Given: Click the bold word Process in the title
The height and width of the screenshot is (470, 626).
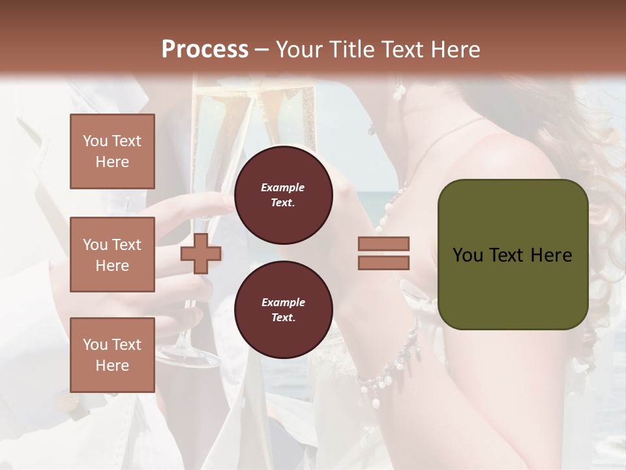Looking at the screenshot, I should pyautogui.click(x=205, y=50).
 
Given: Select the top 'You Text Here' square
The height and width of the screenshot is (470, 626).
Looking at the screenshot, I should pyautogui.click(x=112, y=151).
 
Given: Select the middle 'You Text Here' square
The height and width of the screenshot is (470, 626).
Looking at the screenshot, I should pyautogui.click(x=112, y=255).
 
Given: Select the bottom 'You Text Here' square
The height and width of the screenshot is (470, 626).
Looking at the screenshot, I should pyautogui.click(x=112, y=354).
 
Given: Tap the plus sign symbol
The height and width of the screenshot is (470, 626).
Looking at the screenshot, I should pyautogui.click(x=200, y=253).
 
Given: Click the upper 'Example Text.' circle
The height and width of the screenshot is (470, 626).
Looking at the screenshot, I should pyautogui.click(x=283, y=195).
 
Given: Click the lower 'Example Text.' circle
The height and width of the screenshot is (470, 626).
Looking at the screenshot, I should pyautogui.click(x=283, y=309).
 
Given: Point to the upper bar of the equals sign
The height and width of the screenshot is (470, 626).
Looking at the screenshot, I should pyautogui.click(x=384, y=243).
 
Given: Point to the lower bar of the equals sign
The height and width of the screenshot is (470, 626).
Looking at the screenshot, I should pyautogui.click(x=384, y=262).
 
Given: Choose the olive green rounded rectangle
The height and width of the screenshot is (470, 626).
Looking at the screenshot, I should pyautogui.click(x=513, y=287).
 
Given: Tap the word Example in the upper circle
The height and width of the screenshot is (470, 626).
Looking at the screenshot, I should pyautogui.click(x=283, y=187).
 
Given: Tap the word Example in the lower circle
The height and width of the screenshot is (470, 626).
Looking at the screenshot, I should pyautogui.click(x=283, y=302).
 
